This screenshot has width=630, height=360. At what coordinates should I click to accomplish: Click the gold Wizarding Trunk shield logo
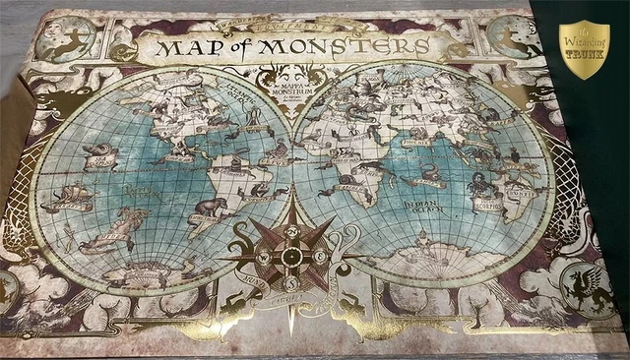[x=584, y=49]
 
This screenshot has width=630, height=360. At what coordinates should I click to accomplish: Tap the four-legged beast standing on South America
[x=206, y=207]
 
